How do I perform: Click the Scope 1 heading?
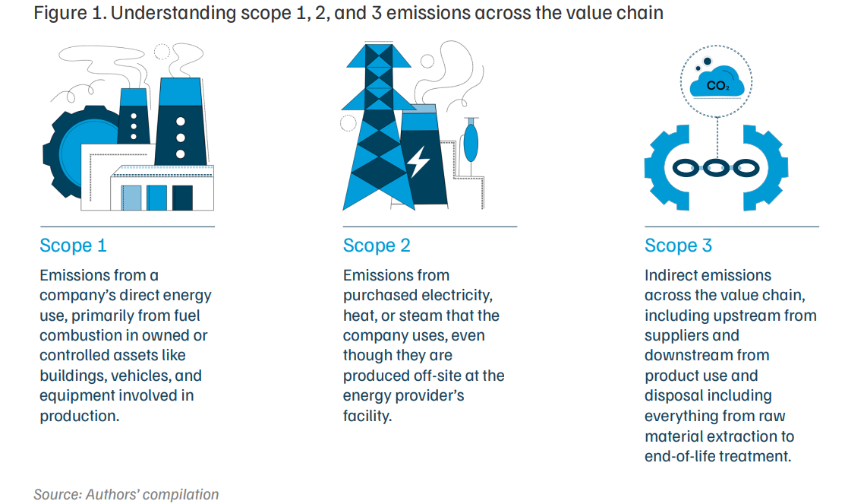click(x=73, y=246)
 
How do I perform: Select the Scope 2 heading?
click(x=377, y=246)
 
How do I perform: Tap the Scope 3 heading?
click(x=679, y=246)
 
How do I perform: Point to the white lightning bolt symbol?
click(x=418, y=162)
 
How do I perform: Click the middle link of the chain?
click(x=717, y=168)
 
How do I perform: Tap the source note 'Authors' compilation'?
click(x=152, y=494)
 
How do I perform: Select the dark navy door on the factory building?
click(x=182, y=198)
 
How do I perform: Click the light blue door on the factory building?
click(x=131, y=198)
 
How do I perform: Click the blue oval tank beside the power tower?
click(x=471, y=143)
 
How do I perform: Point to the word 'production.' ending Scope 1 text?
click(x=80, y=416)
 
